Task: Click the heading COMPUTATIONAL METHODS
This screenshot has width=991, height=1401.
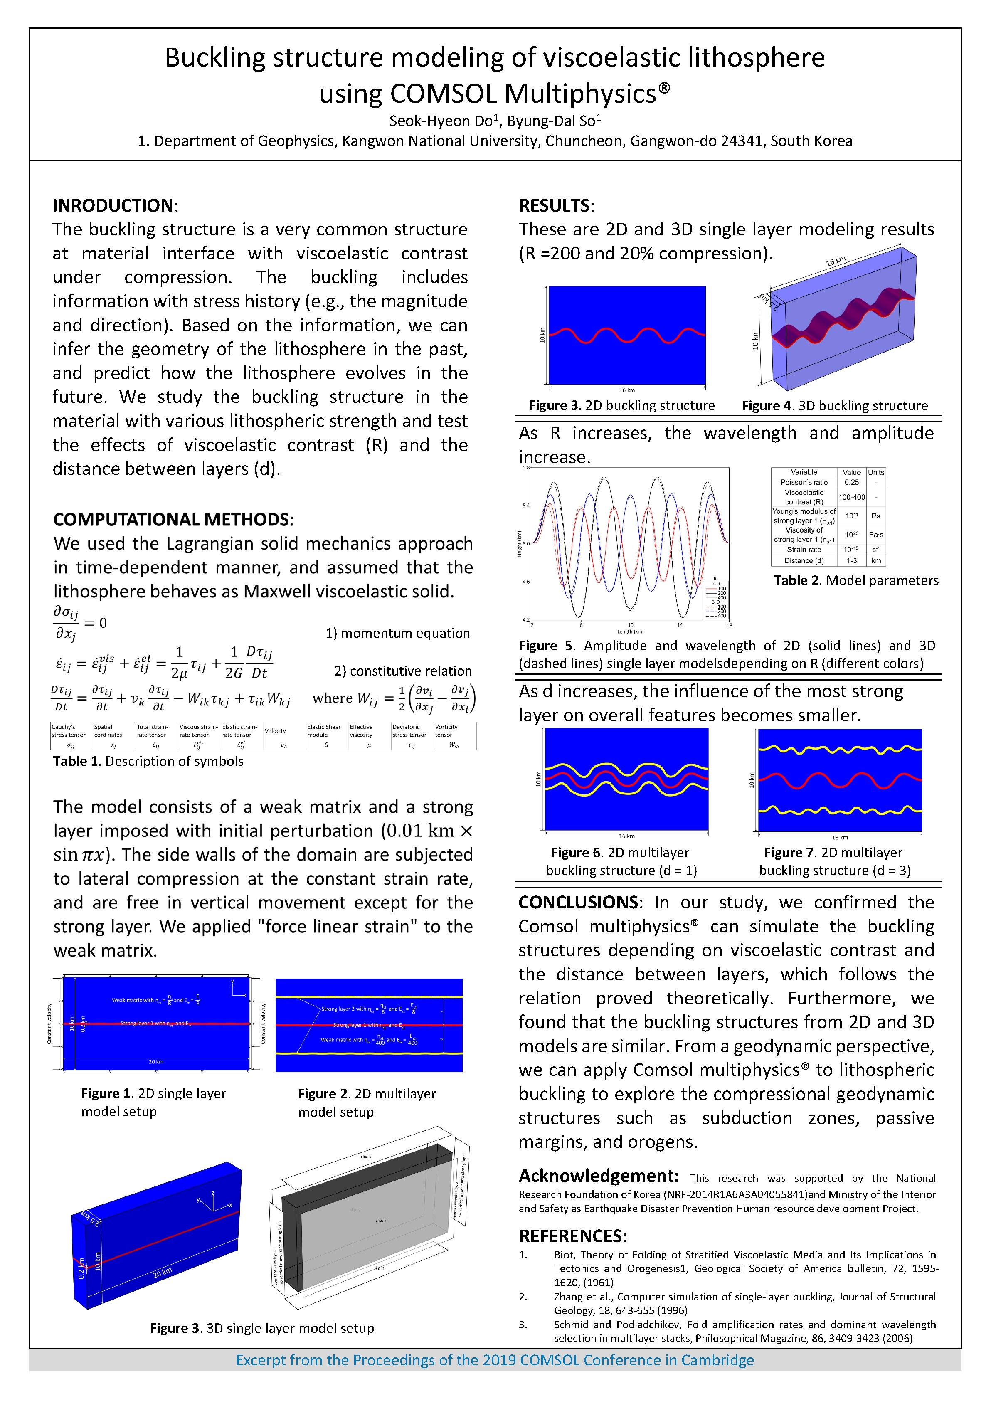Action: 171,519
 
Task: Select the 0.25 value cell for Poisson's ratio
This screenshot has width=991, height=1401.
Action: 851,482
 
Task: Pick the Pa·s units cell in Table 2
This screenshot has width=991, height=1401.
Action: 876,535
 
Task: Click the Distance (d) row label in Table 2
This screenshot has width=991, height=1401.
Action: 804,560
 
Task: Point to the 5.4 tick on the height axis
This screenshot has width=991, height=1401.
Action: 526,505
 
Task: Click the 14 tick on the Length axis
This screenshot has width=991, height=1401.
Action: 680,625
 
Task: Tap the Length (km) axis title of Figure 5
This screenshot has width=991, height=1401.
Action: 630,631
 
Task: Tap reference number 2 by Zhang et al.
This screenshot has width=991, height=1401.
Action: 523,1296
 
